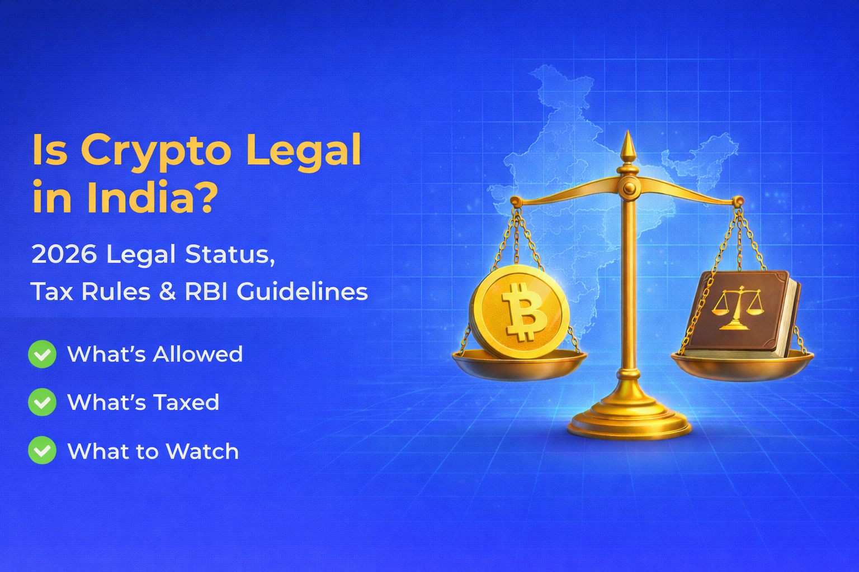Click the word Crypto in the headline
click(x=155, y=151)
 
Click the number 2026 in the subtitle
click(x=64, y=255)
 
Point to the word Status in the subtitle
click(x=230, y=255)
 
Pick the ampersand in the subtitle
click(x=167, y=292)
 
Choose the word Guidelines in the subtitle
click(x=302, y=292)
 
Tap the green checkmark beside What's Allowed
click(x=42, y=354)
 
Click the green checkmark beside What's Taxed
click(x=42, y=402)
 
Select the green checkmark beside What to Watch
click(x=42, y=451)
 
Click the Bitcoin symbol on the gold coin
click(x=523, y=312)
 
